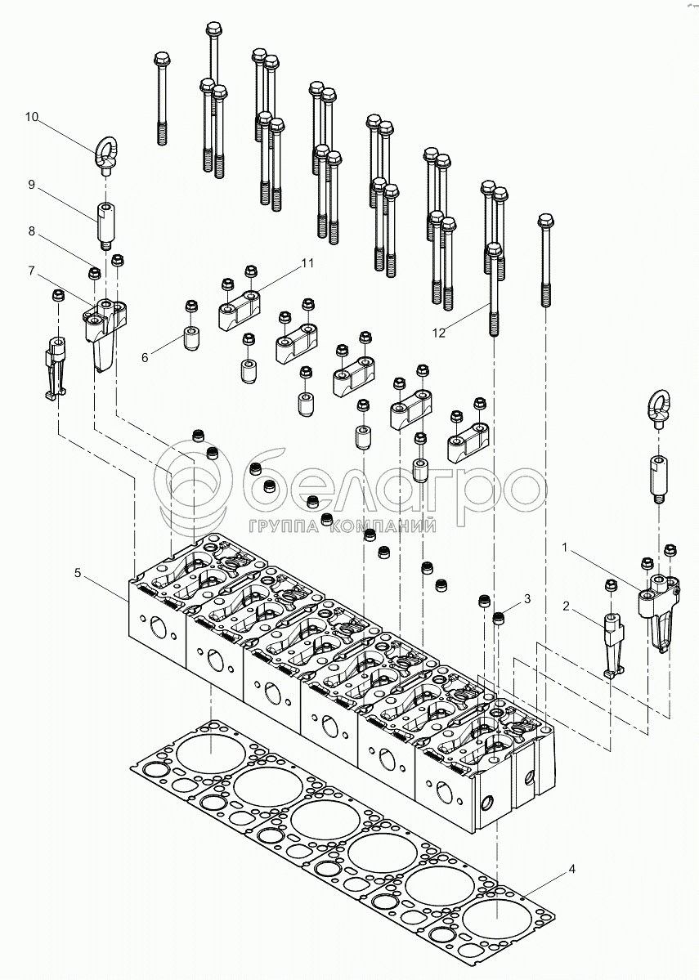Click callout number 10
pos(32,118)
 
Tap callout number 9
pos(31,185)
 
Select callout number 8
pos(31,231)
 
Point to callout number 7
pos(31,270)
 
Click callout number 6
pos(146,357)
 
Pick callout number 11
pos(307,263)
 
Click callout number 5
pos(78,574)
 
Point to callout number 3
pos(527,599)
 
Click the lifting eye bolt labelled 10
pos(106,156)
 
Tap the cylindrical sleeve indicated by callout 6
pos(191,338)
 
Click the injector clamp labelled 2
pos(613,642)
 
